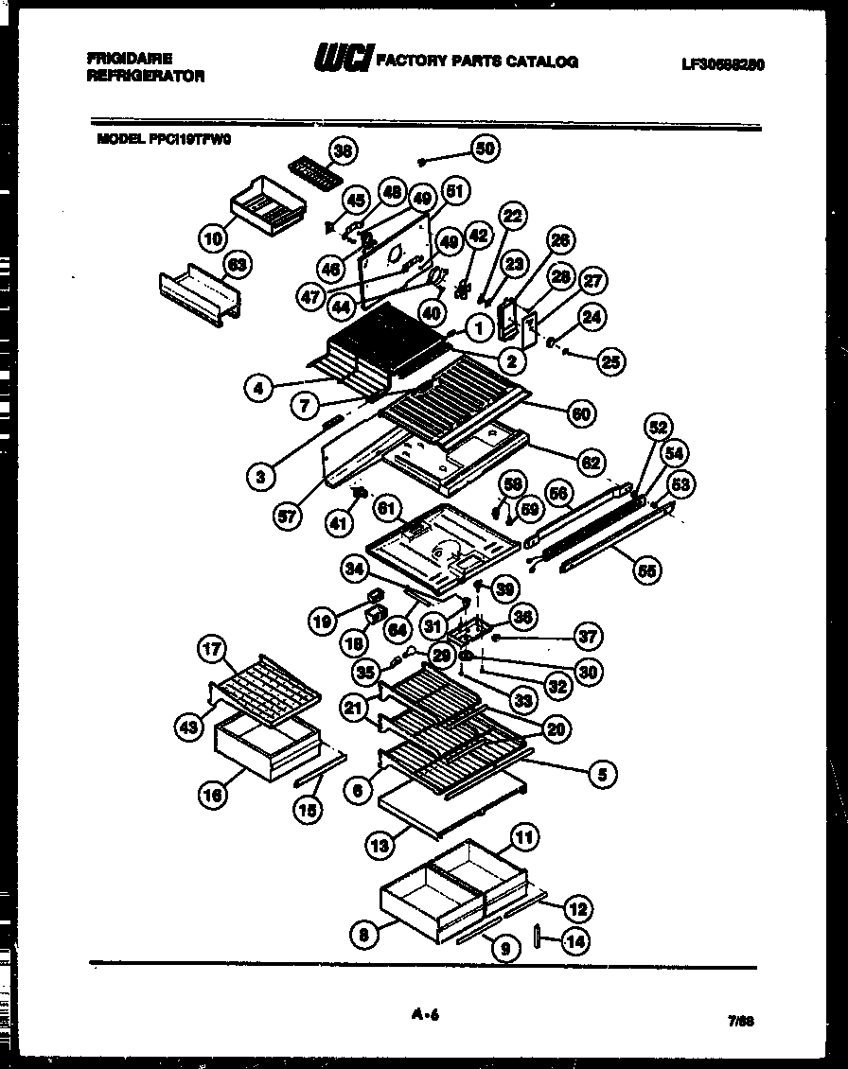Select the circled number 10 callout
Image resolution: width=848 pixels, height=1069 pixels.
(x=214, y=235)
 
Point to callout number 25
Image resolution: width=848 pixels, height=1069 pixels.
(x=611, y=360)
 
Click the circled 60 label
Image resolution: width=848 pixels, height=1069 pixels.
(x=579, y=412)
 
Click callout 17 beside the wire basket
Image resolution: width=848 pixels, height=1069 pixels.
(x=212, y=649)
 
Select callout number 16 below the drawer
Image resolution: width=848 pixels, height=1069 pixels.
(x=213, y=796)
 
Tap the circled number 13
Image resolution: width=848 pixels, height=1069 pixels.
(x=380, y=846)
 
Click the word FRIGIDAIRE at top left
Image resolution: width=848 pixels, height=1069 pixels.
(x=130, y=59)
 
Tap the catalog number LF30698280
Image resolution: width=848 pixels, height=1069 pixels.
(x=723, y=65)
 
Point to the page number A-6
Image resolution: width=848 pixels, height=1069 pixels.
(x=425, y=1015)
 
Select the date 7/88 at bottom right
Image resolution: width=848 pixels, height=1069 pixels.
(x=740, y=1022)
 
